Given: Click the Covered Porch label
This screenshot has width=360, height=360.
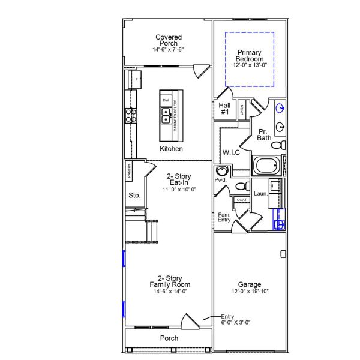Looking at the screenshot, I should [x=169, y=40].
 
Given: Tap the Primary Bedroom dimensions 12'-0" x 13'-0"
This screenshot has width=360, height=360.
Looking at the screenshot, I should [x=249, y=64].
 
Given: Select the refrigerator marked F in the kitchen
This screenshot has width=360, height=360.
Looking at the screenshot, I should [x=134, y=80].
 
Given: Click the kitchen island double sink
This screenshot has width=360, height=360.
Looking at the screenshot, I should [x=165, y=113].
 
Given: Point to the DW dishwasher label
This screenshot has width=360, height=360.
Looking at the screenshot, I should [x=166, y=100].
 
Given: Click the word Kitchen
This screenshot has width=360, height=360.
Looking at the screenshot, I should [x=171, y=149].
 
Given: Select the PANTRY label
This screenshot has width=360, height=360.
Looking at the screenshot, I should [x=129, y=171].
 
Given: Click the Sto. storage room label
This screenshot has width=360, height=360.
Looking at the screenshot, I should [x=134, y=196].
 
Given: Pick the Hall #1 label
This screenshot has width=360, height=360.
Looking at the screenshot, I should [x=224, y=109].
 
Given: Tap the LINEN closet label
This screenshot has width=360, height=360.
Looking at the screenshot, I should [x=242, y=109].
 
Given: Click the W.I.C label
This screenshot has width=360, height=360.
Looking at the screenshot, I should [x=231, y=152].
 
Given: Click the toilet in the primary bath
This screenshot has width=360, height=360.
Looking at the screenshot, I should [x=277, y=145].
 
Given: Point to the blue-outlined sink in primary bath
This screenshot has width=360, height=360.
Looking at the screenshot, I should [x=280, y=109].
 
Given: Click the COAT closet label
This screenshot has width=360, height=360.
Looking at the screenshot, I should [x=242, y=200].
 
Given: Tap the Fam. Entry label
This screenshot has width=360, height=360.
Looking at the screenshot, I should [x=224, y=217].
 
